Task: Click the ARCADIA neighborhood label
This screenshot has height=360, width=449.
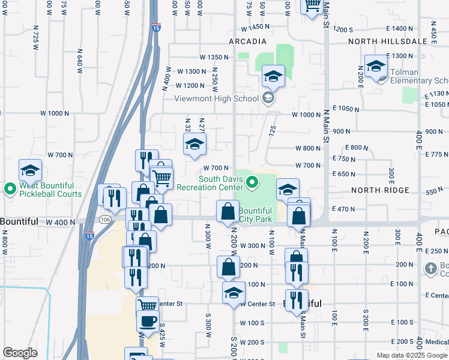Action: [x=247, y=41]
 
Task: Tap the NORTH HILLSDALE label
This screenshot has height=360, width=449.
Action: [x=389, y=41]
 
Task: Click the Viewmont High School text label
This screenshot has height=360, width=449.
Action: [x=216, y=99]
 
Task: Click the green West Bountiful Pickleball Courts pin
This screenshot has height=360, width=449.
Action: [x=10, y=190]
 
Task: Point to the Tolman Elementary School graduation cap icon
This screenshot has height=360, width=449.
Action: [x=376, y=66]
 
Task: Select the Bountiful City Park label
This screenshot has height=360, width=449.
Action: [x=256, y=215]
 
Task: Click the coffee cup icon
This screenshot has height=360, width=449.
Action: [x=148, y=321]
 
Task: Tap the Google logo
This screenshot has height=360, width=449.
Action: [x=20, y=353]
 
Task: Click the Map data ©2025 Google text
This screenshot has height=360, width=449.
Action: [x=412, y=355]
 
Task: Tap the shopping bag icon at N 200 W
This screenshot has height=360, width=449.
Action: [x=228, y=211]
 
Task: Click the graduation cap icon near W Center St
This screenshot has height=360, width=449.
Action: [x=234, y=293]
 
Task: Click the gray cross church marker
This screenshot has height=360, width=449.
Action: [x=430, y=268]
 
